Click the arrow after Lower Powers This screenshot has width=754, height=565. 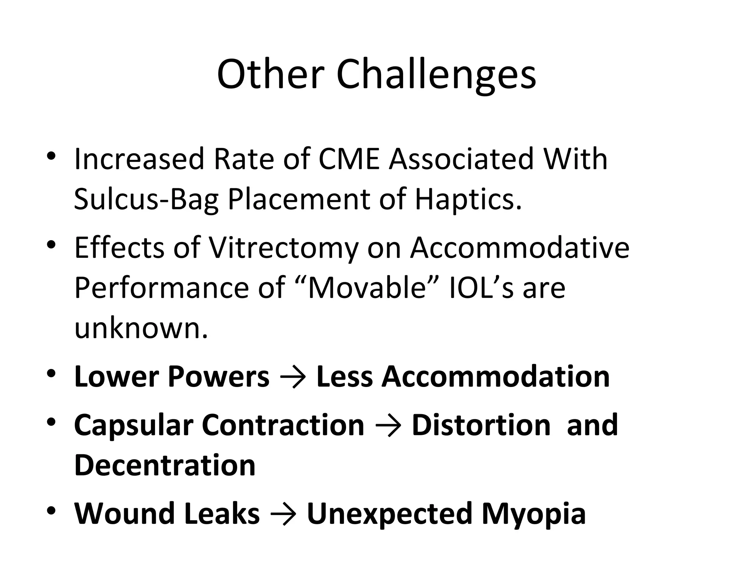(x=293, y=377)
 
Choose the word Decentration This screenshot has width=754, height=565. (x=165, y=465)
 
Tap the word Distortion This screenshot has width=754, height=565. (x=481, y=425)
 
